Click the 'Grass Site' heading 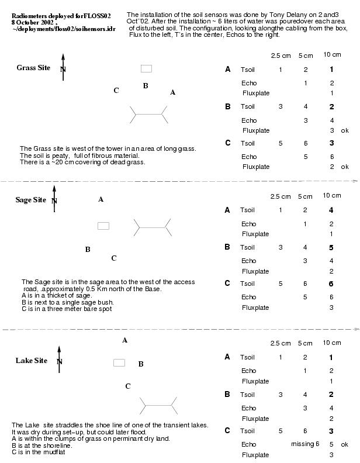[x=33, y=68]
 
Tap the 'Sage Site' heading [x=30, y=200]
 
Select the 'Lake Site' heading [x=31, y=361]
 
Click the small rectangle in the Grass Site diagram [x=146, y=69]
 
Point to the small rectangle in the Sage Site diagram [x=103, y=226]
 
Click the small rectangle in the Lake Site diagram [x=119, y=362]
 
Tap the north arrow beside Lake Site [x=59, y=359]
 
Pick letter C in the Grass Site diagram [x=116, y=91]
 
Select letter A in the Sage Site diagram [x=101, y=200]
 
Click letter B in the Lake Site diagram [x=141, y=364]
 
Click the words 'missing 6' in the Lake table [x=305, y=444]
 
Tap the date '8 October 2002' [x=33, y=22]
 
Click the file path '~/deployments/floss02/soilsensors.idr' [x=64, y=29]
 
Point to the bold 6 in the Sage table [x=331, y=284]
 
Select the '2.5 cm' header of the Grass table [x=281, y=56]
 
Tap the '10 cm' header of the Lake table [x=332, y=343]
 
